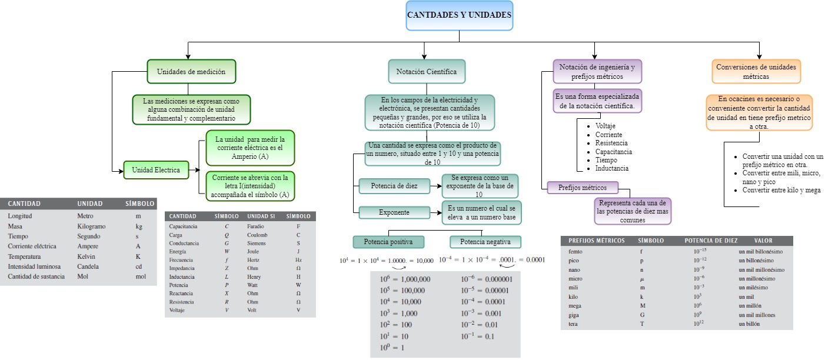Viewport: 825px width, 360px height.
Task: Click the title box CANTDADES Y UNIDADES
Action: pos(459,15)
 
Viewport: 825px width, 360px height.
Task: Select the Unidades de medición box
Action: pos(191,72)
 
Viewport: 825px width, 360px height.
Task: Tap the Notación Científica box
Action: pos(426,72)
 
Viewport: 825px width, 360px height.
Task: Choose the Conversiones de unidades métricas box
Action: pos(756,72)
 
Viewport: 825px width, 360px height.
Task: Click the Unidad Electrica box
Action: pos(156,170)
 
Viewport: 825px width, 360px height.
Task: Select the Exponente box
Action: pos(394,212)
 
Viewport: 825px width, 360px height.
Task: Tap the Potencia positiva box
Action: pos(388,242)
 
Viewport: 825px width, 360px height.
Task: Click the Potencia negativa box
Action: pos(485,242)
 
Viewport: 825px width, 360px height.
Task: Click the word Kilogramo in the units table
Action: pos(91,226)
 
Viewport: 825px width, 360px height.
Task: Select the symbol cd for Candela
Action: pos(139,266)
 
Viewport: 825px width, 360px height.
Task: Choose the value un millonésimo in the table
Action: pos(757,278)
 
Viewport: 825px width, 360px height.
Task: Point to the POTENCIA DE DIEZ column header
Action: pos(710,241)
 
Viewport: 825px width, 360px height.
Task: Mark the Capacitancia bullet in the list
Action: pos(613,151)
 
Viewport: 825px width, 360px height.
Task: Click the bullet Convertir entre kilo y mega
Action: pos(781,190)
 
